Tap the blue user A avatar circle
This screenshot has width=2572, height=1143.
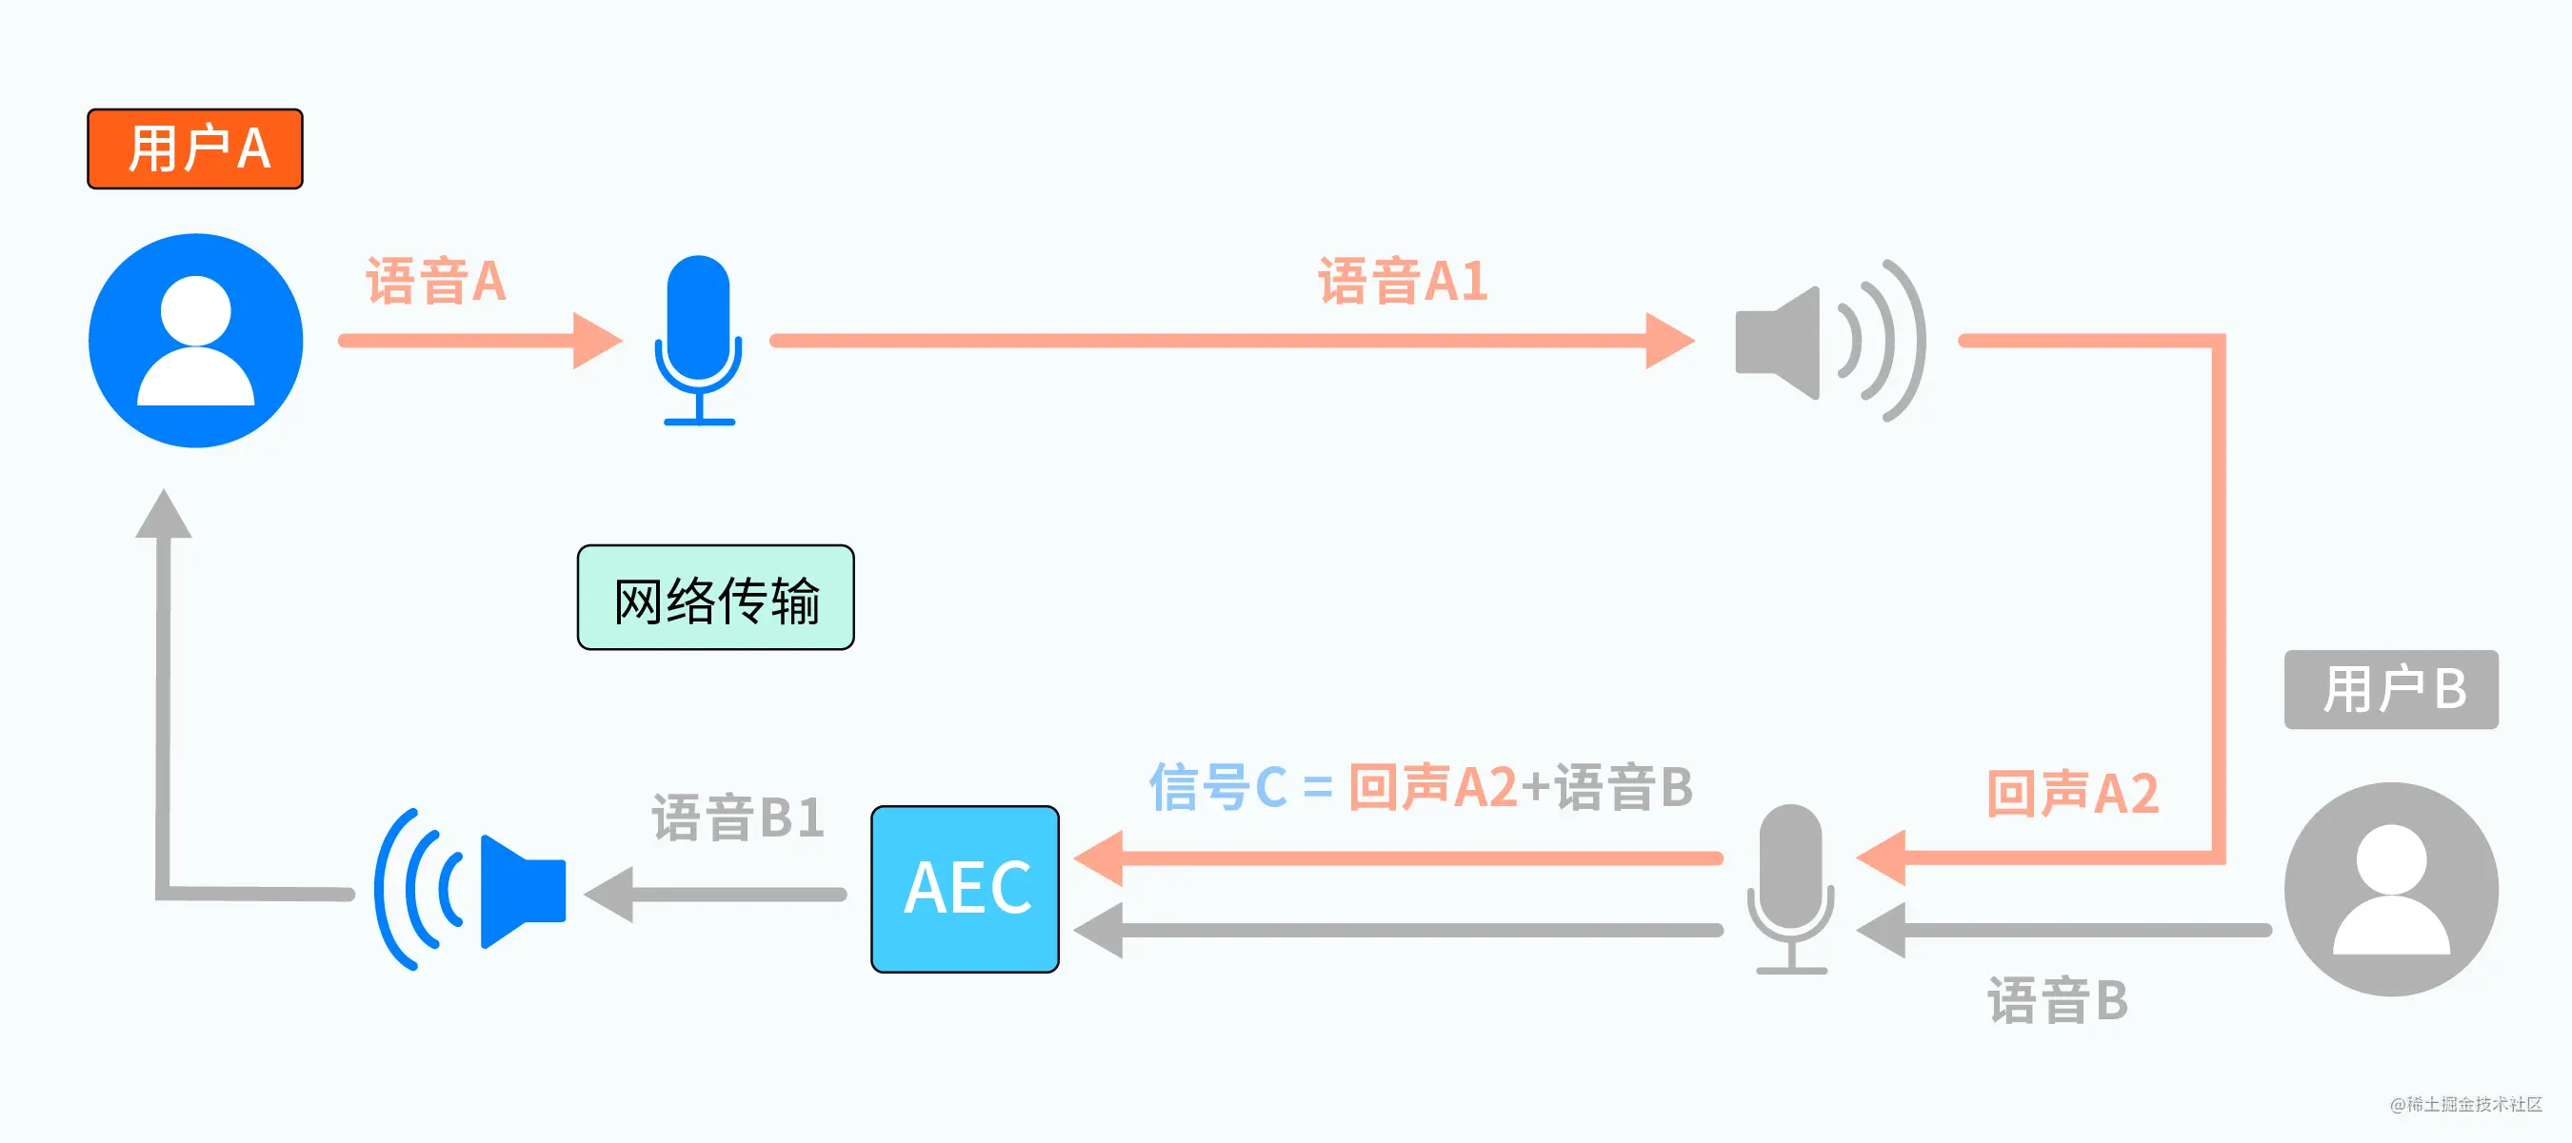pyautogui.click(x=196, y=341)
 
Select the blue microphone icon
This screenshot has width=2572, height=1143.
pyautogui.click(x=698, y=340)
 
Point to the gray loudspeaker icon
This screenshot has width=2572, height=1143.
pyautogui.click(x=1827, y=342)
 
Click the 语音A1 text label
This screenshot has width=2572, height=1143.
pyautogui.click(x=1402, y=281)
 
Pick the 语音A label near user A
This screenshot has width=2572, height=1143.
pyautogui.click(x=435, y=281)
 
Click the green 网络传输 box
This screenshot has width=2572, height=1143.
pyautogui.click(x=715, y=598)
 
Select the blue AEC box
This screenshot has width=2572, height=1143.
pyautogui.click(x=965, y=889)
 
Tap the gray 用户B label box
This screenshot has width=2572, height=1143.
pyautogui.click(x=2390, y=689)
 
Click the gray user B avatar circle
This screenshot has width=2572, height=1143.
pyautogui.click(x=2390, y=889)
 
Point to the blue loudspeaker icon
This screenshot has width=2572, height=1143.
pyautogui.click(x=469, y=889)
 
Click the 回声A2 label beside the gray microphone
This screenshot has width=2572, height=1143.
pyautogui.click(x=2072, y=795)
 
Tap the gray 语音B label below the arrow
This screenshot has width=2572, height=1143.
pyautogui.click(x=2057, y=1000)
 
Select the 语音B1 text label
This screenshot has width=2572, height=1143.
pyautogui.click(x=738, y=818)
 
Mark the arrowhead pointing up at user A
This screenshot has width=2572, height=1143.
pyautogui.click(x=163, y=515)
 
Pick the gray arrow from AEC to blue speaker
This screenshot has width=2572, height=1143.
pyautogui.click(x=715, y=895)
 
